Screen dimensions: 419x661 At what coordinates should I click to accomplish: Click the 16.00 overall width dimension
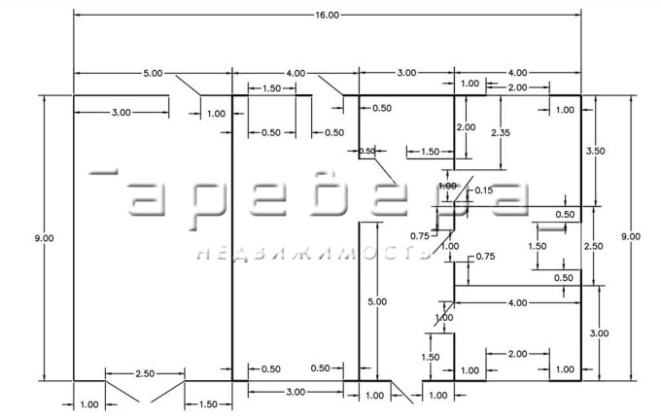tap(328, 15)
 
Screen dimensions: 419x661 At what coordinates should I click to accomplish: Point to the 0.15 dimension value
tap(483, 191)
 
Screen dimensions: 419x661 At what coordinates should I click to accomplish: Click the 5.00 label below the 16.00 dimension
tap(154, 73)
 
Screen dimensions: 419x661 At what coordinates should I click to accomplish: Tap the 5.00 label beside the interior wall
tap(377, 302)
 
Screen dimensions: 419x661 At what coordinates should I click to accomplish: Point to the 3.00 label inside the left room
tap(122, 113)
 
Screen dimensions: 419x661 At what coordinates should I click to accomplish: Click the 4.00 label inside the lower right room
tap(516, 303)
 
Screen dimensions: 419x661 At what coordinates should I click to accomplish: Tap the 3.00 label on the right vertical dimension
tap(599, 332)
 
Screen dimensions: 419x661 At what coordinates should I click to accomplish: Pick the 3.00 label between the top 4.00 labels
tap(406, 73)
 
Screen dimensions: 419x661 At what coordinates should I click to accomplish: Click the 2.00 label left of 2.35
tap(467, 127)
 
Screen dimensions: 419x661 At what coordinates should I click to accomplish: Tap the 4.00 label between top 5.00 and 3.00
tap(296, 73)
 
